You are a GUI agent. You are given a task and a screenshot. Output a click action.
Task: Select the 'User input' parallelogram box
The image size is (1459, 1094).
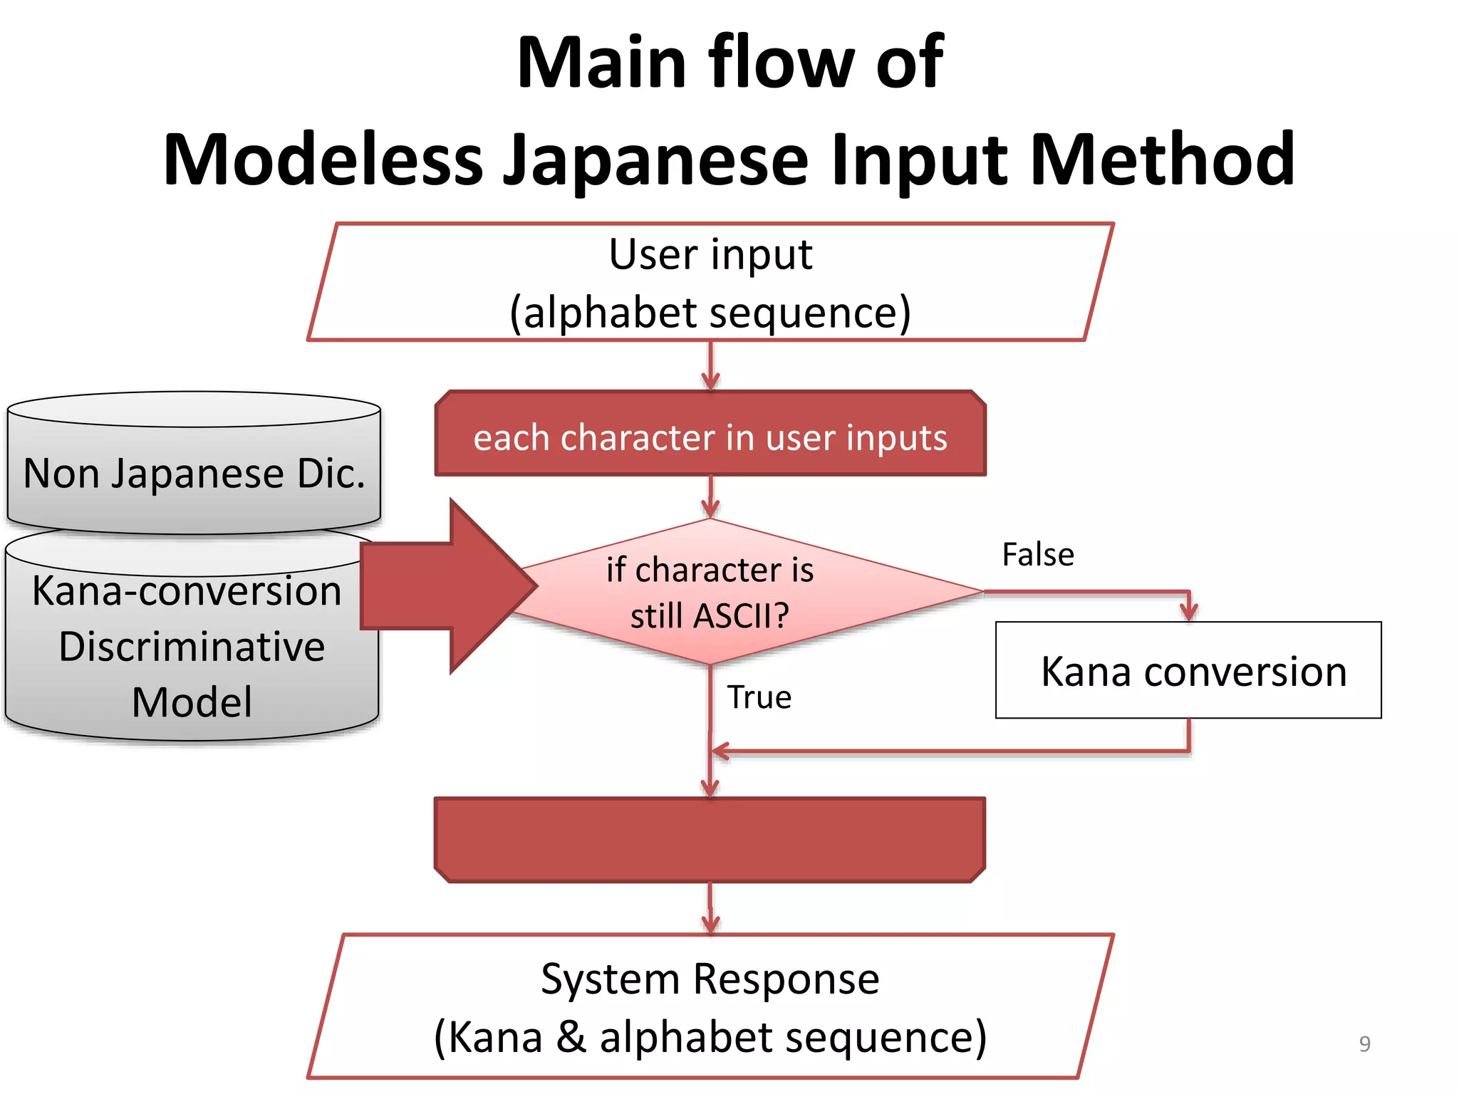click(x=710, y=282)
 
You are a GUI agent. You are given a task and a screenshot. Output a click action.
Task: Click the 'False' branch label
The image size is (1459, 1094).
click(x=1037, y=554)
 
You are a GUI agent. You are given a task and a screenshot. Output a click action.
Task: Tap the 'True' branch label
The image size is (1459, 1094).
click(x=759, y=697)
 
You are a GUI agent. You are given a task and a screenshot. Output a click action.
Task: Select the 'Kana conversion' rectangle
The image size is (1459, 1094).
click(x=1188, y=670)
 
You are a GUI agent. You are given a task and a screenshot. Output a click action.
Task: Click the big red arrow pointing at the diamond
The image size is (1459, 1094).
click(x=449, y=585)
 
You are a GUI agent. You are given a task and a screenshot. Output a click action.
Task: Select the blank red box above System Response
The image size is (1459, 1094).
click(x=710, y=840)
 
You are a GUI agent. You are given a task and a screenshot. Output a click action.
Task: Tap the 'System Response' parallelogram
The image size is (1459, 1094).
click(x=710, y=1006)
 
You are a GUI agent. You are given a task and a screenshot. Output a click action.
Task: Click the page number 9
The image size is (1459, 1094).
click(x=1364, y=1043)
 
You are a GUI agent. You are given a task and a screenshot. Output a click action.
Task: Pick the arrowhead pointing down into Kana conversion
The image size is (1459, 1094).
click(x=1188, y=611)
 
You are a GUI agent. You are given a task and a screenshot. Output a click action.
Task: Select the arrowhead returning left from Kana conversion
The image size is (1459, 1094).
click(x=721, y=751)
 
